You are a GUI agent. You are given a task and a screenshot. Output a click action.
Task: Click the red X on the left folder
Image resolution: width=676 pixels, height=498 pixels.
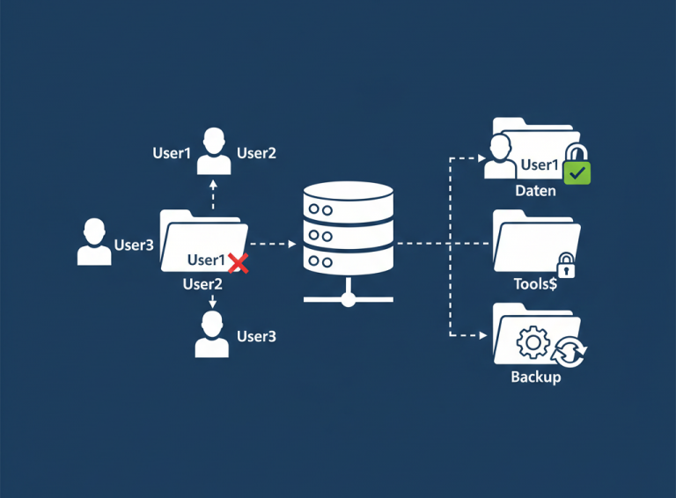coord(237,260)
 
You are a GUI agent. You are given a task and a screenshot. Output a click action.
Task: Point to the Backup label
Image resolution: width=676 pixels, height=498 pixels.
coord(535,377)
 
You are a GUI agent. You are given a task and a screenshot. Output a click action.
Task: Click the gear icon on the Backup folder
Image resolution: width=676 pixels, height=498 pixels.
coord(533,341)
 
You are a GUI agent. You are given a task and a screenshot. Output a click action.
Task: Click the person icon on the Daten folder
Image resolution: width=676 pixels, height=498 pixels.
coord(501,156)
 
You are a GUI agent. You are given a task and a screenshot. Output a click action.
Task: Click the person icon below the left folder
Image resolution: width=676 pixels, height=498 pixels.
coord(212,335)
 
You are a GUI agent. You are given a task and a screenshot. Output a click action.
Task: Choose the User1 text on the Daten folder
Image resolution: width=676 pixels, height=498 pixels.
coord(540,165)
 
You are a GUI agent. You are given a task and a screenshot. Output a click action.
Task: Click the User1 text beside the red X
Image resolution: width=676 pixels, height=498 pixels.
coord(207,260)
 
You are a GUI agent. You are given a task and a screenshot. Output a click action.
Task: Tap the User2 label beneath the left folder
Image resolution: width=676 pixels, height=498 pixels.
coord(202,283)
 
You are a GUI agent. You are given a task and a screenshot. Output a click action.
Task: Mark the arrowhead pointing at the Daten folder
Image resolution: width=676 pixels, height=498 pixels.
coord(482,159)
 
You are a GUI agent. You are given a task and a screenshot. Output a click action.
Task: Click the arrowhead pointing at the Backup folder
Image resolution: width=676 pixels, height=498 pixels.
coord(482,335)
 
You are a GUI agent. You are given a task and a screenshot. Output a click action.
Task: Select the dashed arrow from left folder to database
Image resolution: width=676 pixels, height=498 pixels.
coord(273,243)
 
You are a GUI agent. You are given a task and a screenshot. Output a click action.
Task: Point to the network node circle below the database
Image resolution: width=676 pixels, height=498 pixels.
coord(348,299)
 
